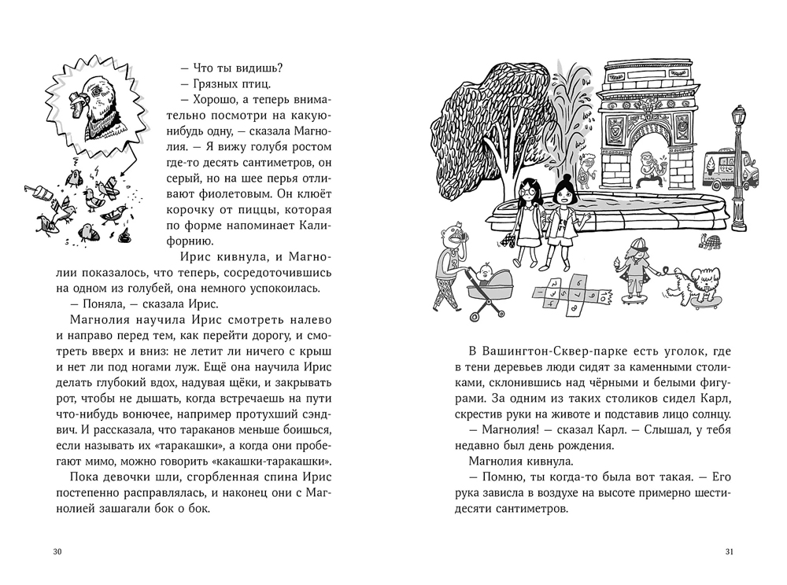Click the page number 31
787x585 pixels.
pos(729,551)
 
